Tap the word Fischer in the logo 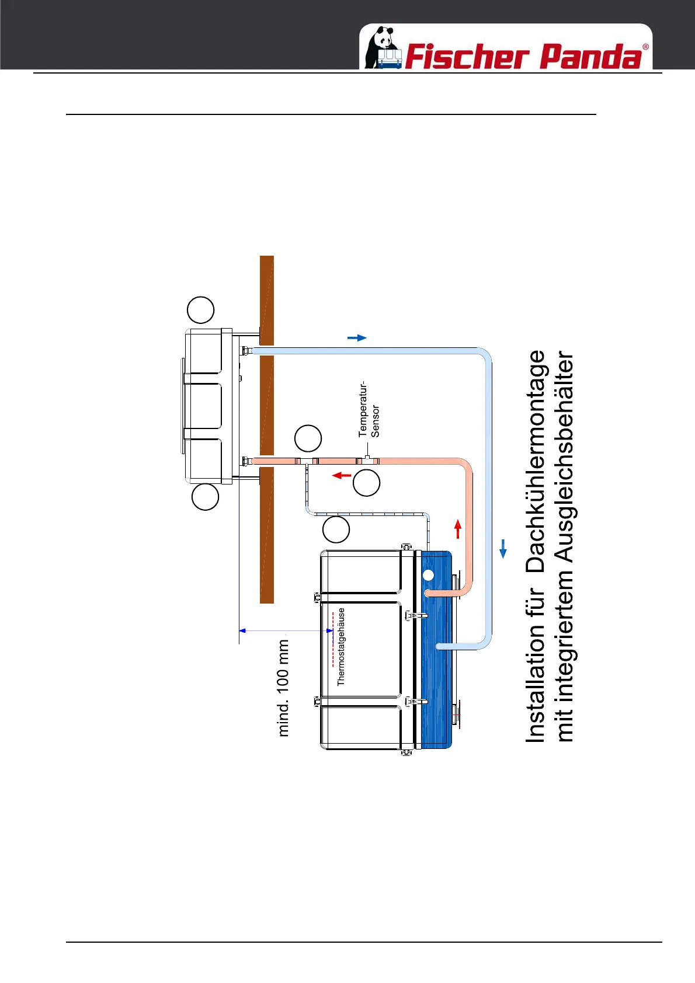coord(465,57)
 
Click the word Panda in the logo coord(590,57)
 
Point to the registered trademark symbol coord(645,47)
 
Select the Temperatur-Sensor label coord(369,410)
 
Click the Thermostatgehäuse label coord(342,646)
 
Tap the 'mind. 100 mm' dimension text coord(283,688)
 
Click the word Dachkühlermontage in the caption coord(536,461)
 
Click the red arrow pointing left coord(342,475)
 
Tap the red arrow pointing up coord(458,528)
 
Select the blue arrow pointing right coord(357,337)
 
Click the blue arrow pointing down coord(503,549)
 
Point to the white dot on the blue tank coord(428,575)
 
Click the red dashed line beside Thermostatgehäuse coord(333,639)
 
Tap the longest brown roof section coord(267,535)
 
